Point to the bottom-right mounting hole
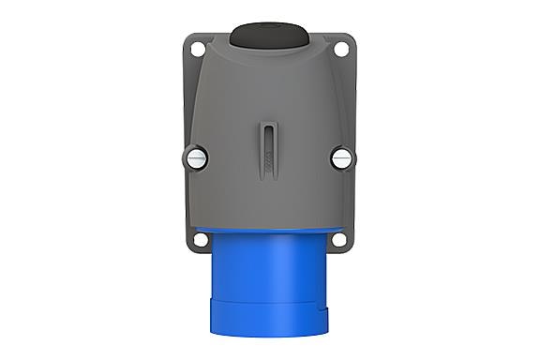coord(345,237)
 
